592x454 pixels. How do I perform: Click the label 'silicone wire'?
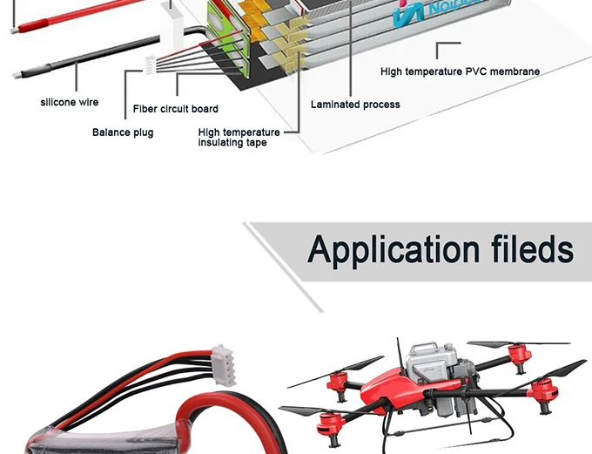click(x=70, y=103)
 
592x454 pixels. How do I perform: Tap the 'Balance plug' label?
click(x=123, y=132)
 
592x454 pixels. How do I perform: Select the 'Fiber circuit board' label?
click(x=176, y=109)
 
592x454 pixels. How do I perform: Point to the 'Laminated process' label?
click(x=355, y=105)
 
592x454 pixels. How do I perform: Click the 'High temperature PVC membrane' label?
click(x=460, y=71)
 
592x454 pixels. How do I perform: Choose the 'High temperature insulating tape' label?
click(x=239, y=137)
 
